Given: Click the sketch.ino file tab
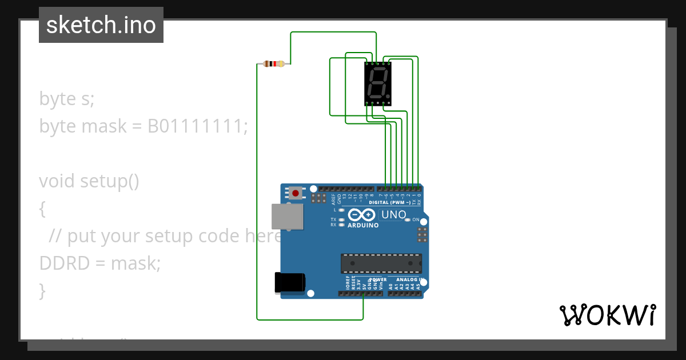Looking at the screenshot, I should coord(101,25).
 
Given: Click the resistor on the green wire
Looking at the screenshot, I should coord(274,63).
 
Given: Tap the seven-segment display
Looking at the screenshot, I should coord(378,83).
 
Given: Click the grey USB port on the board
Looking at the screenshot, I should coord(288,217).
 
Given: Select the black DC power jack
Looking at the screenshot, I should coord(289,283).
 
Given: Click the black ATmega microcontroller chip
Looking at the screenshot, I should coord(381,263).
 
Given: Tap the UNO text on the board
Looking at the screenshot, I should coord(394,215).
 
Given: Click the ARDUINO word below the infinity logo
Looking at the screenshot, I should coord(363,225).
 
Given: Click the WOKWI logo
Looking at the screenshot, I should coord(607,315).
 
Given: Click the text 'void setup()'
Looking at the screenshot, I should coord(89,181).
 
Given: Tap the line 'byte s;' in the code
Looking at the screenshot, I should coord(66,98).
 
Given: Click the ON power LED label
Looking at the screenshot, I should coord(416,220).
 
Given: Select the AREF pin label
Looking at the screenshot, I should coord(333,199).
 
